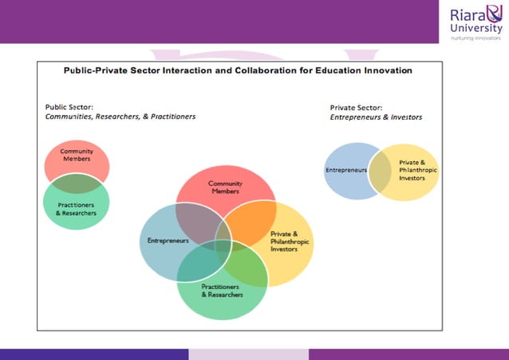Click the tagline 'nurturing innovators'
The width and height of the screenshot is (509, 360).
(x=475, y=37)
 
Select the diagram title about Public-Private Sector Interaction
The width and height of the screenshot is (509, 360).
(x=238, y=70)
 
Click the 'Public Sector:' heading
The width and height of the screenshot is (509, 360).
(x=69, y=106)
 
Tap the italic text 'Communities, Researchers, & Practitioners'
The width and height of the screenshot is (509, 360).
(x=120, y=117)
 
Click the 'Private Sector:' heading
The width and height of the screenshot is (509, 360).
(x=356, y=107)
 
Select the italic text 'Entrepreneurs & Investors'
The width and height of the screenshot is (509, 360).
(x=376, y=117)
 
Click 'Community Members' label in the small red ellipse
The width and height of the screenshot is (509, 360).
(x=77, y=155)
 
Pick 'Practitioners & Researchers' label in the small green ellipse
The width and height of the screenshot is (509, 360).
(x=77, y=209)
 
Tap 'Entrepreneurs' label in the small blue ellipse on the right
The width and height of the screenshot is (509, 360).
(x=345, y=170)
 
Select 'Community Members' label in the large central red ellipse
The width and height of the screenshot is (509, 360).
(x=225, y=188)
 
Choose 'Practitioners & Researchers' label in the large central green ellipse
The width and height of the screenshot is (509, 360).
(x=221, y=291)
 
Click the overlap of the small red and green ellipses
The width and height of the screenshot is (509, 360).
(x=77, y=184)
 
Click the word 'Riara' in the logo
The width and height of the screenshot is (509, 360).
(x=468, y=14)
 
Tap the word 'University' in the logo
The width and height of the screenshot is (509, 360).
(x=476, y=28)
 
